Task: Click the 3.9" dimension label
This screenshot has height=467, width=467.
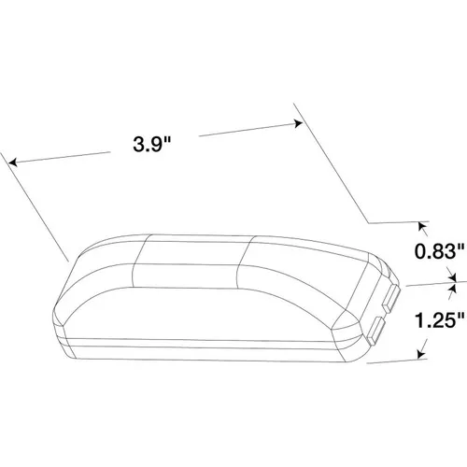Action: pos(152,144)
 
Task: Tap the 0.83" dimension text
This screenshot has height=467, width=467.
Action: pos(440,251)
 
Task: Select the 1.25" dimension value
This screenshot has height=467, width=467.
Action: pos(440,320)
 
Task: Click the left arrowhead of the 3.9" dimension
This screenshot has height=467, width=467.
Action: pos(12,162)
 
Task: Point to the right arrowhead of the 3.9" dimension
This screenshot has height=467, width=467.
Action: pos(298,123)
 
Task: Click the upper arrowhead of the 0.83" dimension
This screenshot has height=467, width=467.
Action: pos(422,226)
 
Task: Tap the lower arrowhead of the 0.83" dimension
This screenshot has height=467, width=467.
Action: pos(453,277)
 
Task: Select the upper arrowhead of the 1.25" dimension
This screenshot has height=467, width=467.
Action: pos(453,288)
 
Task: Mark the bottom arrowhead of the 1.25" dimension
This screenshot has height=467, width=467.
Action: pos(421,355)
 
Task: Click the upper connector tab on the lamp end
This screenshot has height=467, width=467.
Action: pos(391,298)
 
